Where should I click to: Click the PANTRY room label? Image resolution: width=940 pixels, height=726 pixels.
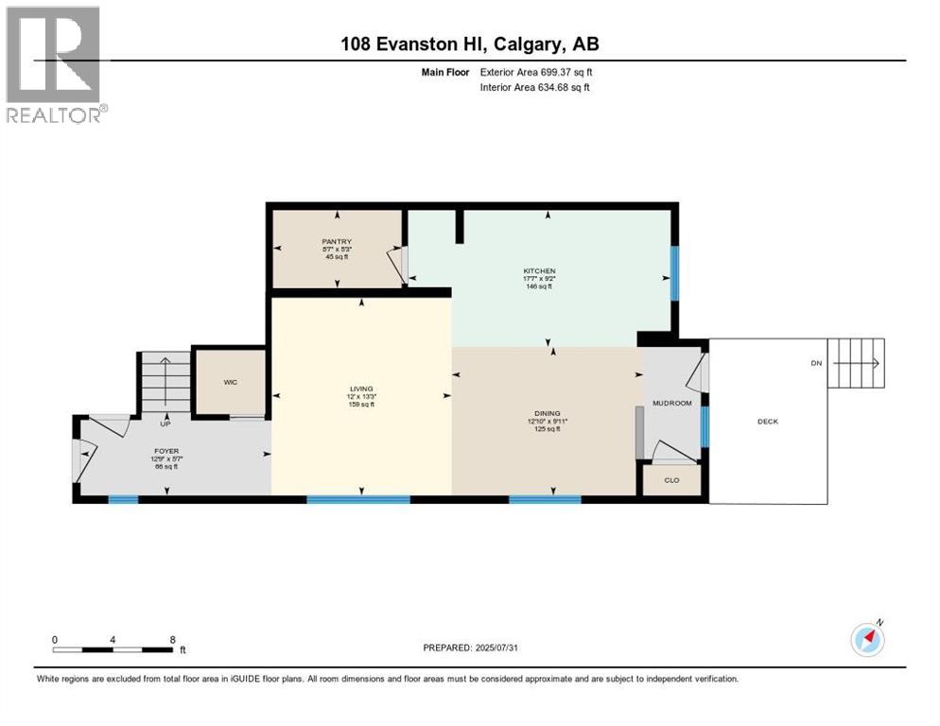[337, 242]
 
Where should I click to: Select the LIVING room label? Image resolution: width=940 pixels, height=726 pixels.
[361, 389]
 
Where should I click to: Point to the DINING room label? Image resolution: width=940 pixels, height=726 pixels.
[547, 413]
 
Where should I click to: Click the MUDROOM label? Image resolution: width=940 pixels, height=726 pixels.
[672, 403]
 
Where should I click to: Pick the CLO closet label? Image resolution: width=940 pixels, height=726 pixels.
[671, 480]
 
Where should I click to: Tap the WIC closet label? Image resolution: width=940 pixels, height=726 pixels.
[230, 382]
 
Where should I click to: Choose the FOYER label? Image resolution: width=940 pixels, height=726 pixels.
[167, 452]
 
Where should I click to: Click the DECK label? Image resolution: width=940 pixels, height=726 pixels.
[768, 422]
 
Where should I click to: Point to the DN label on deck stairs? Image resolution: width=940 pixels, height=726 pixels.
[816, 363]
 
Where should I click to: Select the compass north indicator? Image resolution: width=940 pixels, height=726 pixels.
[867, 638]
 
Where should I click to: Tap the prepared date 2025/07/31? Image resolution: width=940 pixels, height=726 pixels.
[470, 648]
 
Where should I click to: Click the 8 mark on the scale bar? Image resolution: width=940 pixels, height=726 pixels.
[172, 640]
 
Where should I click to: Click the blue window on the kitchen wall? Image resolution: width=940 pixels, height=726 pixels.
[674, 273]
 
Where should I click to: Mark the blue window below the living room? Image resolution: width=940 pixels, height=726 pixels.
[358, 498]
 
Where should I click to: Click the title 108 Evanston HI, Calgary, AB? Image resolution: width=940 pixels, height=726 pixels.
[469, 43]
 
